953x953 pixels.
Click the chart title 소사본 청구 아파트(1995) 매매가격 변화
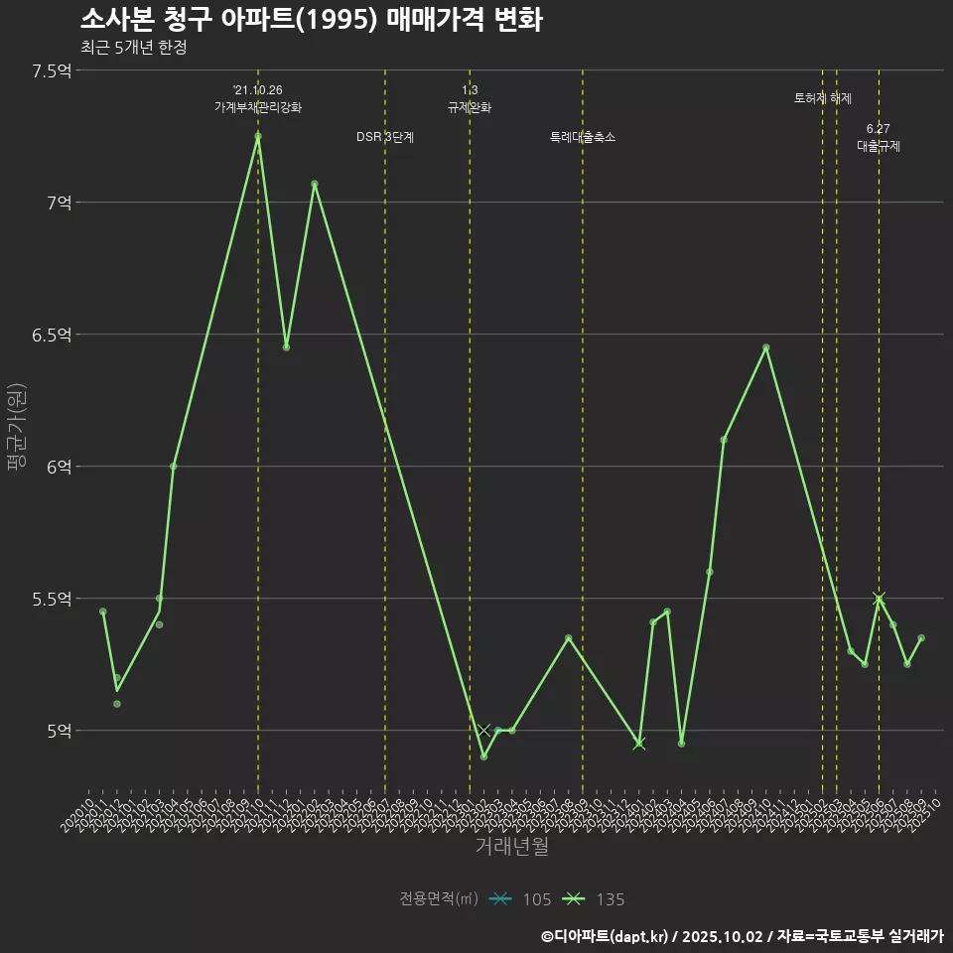click(311, 20)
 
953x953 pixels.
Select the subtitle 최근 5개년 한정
click(133, 48)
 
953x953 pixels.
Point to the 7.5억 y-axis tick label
click(52, 70)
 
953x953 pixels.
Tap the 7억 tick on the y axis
click(59, 203)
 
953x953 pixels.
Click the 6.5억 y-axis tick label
click(52, 335)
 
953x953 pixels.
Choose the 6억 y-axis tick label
click(59, 467)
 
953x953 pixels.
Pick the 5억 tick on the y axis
click(59, 731)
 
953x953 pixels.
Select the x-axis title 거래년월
click(511, 847)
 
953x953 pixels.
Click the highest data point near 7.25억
click(258, 136)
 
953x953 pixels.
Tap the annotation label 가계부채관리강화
click(258, 107)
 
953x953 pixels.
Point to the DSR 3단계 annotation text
click(385, 137)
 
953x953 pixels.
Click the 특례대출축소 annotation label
click(583, 137)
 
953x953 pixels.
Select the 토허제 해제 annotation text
click(823, 98)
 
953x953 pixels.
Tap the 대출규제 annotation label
click(879, 146)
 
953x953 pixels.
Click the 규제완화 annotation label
click(470, 107)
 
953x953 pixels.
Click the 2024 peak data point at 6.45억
click(765, 347)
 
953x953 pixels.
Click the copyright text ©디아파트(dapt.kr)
click(607, 935)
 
